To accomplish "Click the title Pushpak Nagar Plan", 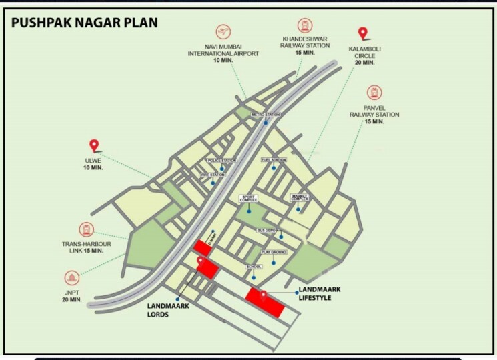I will click(x=85, y=23).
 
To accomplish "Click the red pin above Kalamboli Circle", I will click(x=363, y=33).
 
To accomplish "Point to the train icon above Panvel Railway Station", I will click(x=374, y=93).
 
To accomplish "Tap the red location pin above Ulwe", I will click(x=94, y=145).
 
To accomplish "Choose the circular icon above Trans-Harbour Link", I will click(x=87, y=231).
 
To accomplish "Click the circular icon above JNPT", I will click(x=72, y=277).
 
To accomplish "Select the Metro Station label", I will click(x=265, y=115).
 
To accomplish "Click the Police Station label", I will click(x=222, y=161).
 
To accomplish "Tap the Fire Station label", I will click(x=213, y=175).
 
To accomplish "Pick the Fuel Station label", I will click(x=274, y=160).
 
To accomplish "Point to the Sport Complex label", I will click(x=248, y=199).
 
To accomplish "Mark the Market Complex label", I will click(x=299, y=198).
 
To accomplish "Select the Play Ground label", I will click(x=274, y=253).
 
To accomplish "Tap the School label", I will click(x=254, y=267).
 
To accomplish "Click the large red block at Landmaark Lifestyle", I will click(x=265, y=303).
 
